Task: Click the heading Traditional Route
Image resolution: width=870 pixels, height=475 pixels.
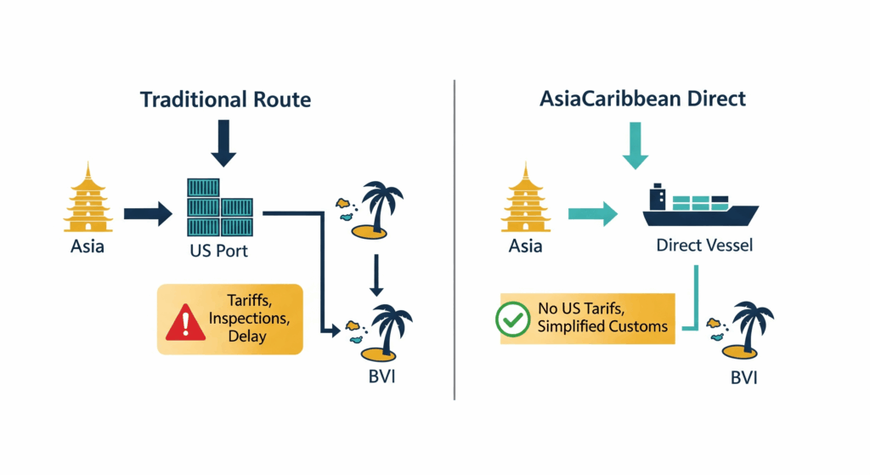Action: [225, 99]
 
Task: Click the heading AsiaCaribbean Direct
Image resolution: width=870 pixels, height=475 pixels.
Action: [642, 99]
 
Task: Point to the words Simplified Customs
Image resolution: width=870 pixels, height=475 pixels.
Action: [602, 326]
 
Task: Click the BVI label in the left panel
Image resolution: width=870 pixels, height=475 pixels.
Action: [377, 374]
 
